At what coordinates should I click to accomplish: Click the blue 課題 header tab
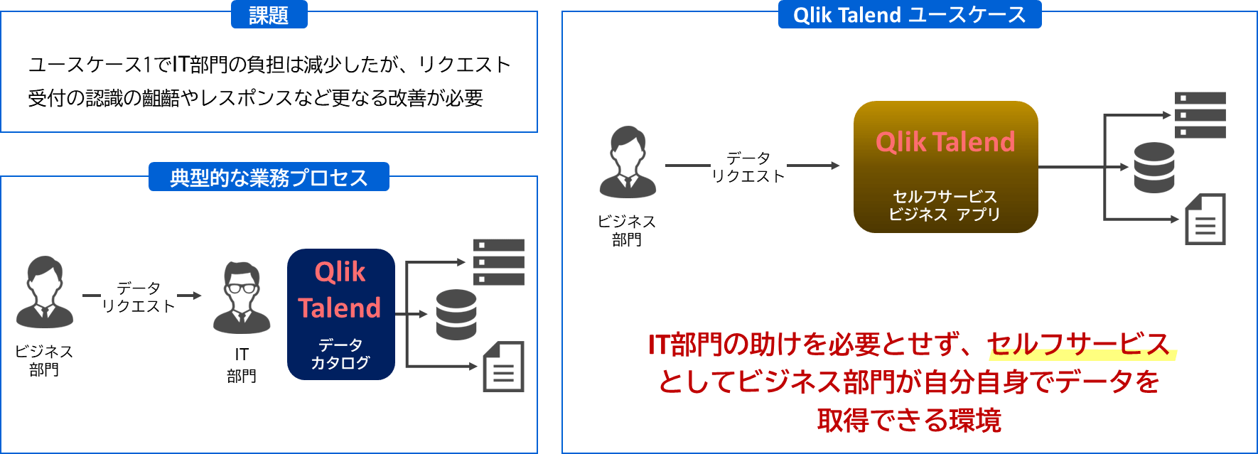269,15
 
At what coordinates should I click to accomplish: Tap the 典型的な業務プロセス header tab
269,177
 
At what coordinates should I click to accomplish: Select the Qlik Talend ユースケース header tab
909,15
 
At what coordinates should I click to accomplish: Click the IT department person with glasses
242,298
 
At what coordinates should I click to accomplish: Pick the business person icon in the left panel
44,293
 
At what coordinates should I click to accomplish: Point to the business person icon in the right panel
628,163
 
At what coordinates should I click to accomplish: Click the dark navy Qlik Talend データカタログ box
340,314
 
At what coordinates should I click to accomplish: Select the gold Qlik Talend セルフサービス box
945,167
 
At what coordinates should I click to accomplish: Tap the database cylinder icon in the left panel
456,315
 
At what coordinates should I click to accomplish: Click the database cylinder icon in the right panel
1154,168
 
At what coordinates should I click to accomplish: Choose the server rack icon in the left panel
499,262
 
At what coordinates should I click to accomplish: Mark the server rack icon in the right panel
1200,115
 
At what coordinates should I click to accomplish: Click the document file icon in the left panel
503,367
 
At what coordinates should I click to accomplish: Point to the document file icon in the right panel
1205,220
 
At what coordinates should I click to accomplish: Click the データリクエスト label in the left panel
139,297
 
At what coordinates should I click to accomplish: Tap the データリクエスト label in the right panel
748,167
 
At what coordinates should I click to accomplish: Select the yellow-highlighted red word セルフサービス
1079,345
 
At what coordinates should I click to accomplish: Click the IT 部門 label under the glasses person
242,365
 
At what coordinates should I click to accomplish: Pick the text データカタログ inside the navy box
340,354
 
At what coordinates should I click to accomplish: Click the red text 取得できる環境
909,421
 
